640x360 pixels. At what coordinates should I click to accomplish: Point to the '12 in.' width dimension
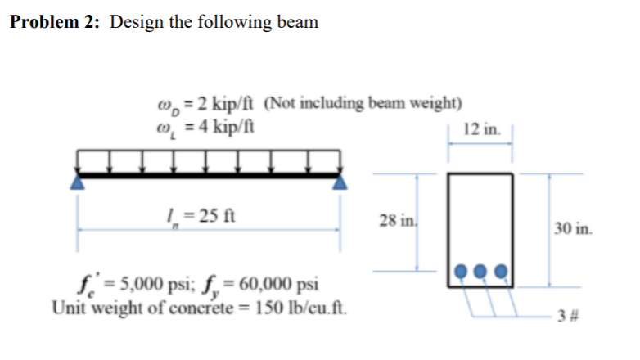480,128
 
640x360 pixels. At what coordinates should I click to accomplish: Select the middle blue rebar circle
481,271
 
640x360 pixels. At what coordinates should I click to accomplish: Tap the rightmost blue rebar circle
501,271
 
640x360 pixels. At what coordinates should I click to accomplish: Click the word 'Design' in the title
139,22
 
